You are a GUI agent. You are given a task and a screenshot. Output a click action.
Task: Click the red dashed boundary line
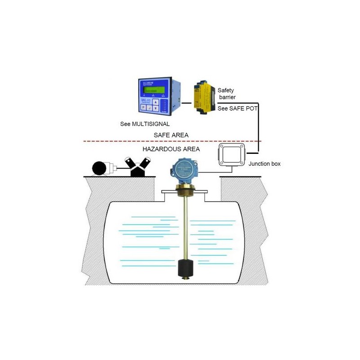pos(135,141)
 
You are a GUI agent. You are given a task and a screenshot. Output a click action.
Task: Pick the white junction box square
pos(230,155)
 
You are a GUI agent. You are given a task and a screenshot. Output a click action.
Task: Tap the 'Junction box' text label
pos(265,164)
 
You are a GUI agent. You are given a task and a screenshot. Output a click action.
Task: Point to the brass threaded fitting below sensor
pos(184,191)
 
